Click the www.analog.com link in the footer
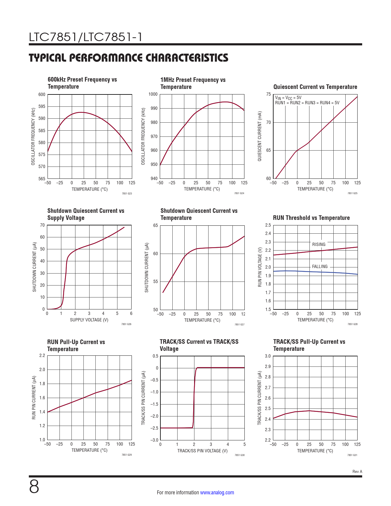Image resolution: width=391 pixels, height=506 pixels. click(217, 493)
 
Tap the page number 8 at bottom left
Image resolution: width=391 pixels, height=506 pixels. click(34, 486)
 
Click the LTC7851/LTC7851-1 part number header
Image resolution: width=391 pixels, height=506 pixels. click(86, 37)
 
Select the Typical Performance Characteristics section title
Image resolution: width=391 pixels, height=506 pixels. click(128, 58)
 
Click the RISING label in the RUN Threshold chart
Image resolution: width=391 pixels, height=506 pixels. click(319, 244)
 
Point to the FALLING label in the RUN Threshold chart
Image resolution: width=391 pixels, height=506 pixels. click(320, 266)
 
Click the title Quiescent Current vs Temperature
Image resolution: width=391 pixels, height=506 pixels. click(315, 87)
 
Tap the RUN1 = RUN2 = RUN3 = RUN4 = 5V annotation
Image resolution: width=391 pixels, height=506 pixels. click(307, 103)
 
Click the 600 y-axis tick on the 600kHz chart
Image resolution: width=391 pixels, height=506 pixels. click(42, 94)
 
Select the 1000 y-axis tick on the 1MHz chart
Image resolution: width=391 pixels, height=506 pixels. click(153, 94)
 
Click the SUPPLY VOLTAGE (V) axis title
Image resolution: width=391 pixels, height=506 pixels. click(89, 320)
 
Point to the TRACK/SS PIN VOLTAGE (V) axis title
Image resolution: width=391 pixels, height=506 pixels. click(202, 451)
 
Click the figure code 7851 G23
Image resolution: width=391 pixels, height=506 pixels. click(127, 194)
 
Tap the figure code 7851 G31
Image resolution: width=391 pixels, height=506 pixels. click(352, 455)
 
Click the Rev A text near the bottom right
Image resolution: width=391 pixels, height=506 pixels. click(357, 472)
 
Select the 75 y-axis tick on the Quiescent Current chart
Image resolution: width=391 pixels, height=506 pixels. click(268, 94)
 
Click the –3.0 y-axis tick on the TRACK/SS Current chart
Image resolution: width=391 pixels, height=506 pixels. click(154, 440)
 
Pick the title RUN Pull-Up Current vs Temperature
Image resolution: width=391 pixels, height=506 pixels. click(76, 346)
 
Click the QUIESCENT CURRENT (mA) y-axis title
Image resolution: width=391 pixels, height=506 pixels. click(260, 136)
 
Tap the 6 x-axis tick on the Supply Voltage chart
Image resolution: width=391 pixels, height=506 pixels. click(131, 313)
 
